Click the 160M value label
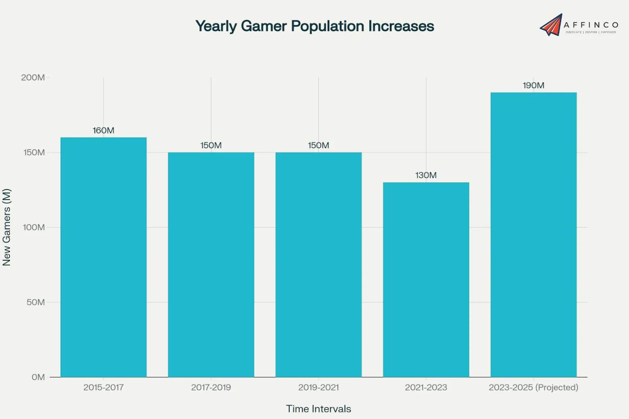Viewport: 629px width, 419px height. click(x=103, y=131)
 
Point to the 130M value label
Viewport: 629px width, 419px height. click(x=426, y=175)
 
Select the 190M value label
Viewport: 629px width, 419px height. click(x=534, y=86)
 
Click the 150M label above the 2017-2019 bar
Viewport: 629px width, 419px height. click(x=211, y=145)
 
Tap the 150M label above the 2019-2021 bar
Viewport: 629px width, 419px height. click(x=319, y=145)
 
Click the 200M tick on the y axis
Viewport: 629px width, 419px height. click(x=33, y=77)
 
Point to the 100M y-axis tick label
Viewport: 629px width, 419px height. click(x=34, y=227)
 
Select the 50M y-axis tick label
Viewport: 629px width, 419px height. click(x=36, y=302)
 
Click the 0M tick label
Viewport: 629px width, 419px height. click(x=38, y=377)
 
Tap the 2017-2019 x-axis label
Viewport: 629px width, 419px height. click(x=211, y=387)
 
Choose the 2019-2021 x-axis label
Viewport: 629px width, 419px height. click(x=319, y=387)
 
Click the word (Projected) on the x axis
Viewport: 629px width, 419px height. click(x=557, y=387)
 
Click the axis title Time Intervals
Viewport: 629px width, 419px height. click(x=318, y=409)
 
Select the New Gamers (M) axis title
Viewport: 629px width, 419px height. click(x=7, y=227)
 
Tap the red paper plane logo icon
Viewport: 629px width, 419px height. click(x=551, y=25)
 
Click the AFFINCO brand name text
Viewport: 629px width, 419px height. click(x=591, y=25)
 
